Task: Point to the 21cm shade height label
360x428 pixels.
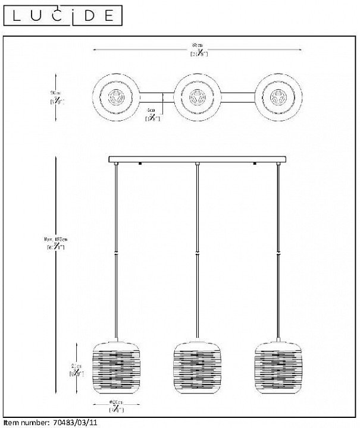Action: click(74, 370)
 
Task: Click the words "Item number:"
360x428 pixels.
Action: click(24, 423)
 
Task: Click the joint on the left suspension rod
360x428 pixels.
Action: click(117, 253)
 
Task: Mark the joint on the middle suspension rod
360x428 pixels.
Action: click(197, 253)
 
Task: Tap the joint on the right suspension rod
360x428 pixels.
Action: click(278, 253)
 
